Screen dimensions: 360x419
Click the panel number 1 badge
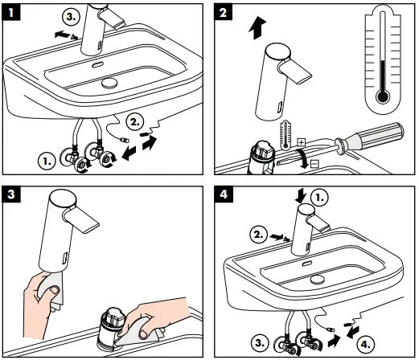(11, 10)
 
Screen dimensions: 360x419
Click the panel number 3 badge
(11, 194)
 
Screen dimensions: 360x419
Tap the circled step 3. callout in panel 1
(72, 17)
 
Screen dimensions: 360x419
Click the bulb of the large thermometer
(383, 96)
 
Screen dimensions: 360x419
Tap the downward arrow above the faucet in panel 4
(300, 194)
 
